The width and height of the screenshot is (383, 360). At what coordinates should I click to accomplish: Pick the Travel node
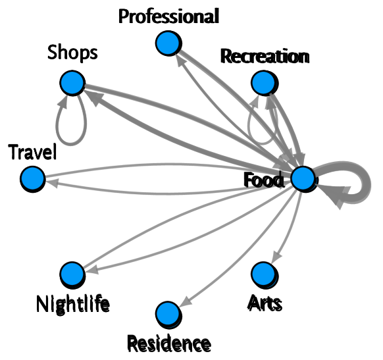click(x=32, y=178)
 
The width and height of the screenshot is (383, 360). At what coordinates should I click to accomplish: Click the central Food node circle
click(x=303, y=178)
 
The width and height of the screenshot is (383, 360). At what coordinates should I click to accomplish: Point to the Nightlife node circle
click(x=71, y=273)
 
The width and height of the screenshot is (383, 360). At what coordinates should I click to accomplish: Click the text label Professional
click(x=168, y=16)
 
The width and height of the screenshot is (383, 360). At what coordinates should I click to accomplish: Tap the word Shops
click(x=72, y=53)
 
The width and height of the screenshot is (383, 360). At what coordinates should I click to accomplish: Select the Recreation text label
click(x=265, y=57)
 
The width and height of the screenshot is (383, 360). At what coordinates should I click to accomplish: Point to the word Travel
click(x=33, y=152)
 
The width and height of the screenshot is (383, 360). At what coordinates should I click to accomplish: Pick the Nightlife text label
click(x=72, y=304)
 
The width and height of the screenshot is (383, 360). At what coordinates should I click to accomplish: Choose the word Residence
click(x=168, y=343)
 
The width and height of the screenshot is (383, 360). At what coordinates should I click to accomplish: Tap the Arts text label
click(x=265, y=303)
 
